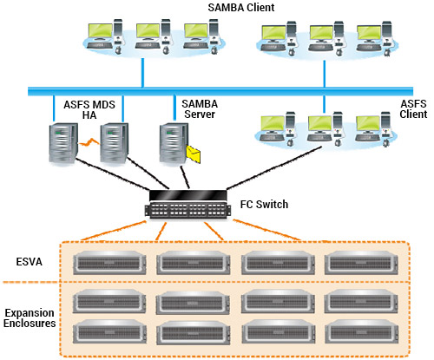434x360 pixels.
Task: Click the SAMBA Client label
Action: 241,8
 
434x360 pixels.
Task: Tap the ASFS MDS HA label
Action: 89,110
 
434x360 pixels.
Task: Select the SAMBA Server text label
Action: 200,109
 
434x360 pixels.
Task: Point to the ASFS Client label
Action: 413,109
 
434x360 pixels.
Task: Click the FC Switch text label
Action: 264,205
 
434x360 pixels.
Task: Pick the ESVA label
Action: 30,262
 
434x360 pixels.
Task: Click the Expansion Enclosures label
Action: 30,318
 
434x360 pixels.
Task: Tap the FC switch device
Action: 188,204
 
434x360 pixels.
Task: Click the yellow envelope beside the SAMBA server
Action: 194,154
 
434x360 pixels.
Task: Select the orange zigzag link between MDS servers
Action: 89,142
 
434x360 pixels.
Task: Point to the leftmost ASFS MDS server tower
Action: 63,144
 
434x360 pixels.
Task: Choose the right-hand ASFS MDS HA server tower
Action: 115,143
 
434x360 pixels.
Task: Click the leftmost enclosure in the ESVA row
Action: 109,263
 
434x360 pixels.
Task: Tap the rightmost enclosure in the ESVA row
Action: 361,263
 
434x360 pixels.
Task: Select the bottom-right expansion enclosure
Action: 362,331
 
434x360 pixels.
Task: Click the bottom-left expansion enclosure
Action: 109,331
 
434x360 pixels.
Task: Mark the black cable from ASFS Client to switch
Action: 274,168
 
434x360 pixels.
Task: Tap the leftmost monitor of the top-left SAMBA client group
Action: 100,32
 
